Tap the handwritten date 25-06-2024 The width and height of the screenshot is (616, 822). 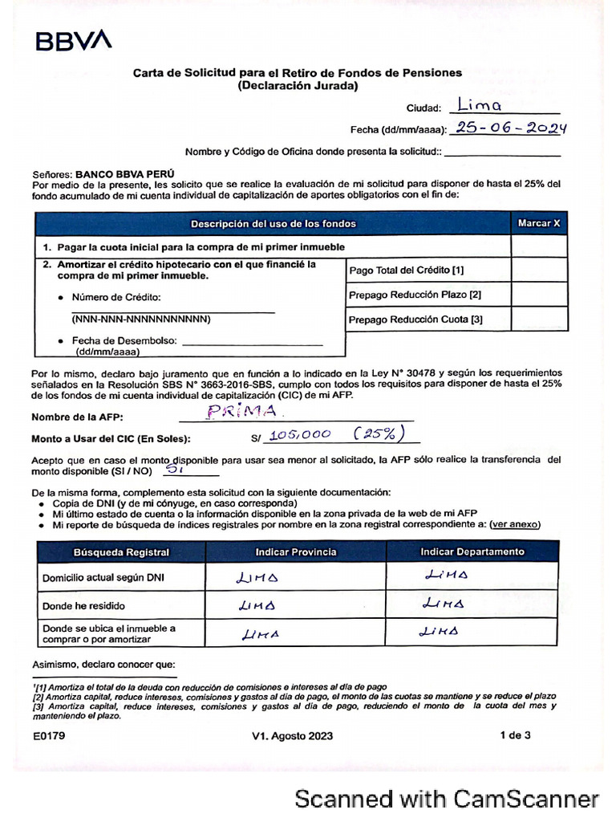coord(509,128)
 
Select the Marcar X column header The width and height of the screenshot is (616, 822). coord(539,223)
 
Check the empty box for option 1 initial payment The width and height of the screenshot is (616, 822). coord(539,246)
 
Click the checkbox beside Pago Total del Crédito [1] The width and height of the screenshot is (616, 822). coord(539,270)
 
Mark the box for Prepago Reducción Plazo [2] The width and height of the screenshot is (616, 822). coord(539,295)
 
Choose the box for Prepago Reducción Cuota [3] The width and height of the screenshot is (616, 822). coord(539,319)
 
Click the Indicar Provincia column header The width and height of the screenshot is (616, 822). coord(296,551)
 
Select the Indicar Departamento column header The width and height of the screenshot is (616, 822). coord(472,551)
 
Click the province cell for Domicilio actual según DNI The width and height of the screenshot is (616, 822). coord(296,577)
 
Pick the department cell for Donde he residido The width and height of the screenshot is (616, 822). coord(472,604)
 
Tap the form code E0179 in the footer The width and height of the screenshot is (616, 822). coord(49,735)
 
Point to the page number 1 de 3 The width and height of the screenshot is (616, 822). coord(515,735)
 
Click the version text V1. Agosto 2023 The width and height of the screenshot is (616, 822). coord(292,735)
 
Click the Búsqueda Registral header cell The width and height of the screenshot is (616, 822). coord(121,551)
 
